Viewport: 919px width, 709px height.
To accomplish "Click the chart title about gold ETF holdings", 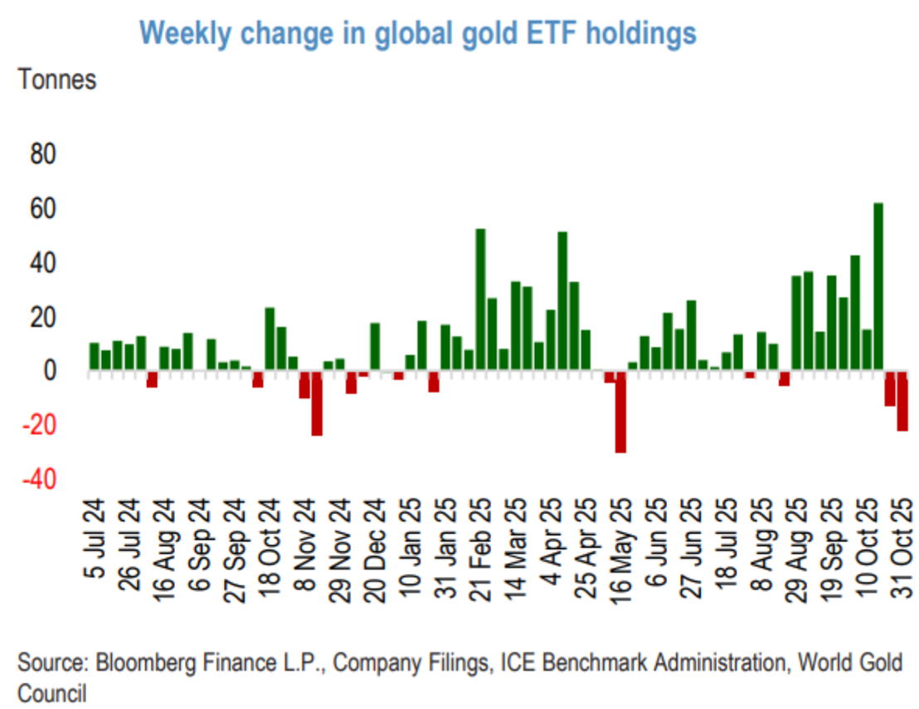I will tap(417, 32).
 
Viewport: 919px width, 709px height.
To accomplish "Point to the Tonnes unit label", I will tap(57, 80).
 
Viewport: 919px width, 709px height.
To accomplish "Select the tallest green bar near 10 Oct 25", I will tap(878, 286).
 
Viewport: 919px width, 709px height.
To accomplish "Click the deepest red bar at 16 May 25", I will tap(620, 411).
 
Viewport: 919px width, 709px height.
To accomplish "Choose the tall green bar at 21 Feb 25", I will tap(479, 299).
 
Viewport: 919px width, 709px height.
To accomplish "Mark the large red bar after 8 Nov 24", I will tap(316, 403).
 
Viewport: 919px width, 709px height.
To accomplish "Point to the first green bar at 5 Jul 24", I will tap(94, 356).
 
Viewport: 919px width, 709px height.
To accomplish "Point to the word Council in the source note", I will tap(51, 692).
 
